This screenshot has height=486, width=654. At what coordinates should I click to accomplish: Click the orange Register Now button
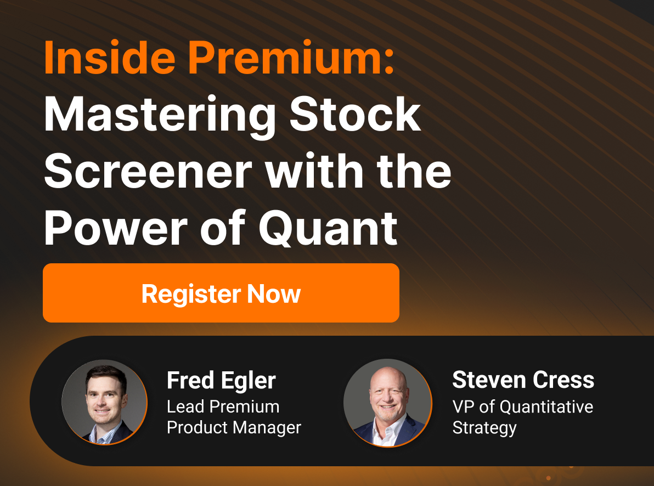pos(221,293)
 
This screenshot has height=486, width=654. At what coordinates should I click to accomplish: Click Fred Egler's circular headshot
pos(104,402)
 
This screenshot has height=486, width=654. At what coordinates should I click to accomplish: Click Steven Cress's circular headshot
pos(387,402)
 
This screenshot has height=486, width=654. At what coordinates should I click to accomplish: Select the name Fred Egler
pos(221,380)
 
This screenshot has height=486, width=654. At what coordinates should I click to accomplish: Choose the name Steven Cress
pos(523,380)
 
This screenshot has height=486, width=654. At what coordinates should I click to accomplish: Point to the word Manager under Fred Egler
pos(268,427)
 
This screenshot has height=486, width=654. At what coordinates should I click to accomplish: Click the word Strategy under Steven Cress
pos(484,428)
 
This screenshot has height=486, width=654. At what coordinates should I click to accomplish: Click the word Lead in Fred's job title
pos(186,406)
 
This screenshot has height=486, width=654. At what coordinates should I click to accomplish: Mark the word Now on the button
pos(274,293)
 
